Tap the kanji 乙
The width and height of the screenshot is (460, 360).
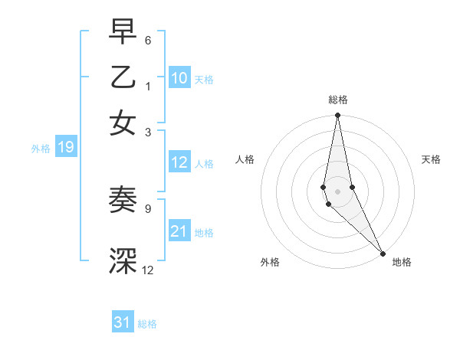(123, 78)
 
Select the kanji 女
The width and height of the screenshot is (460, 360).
(123, 124)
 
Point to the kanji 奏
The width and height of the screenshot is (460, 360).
(123, 201)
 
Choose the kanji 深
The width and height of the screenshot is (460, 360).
(123, 261)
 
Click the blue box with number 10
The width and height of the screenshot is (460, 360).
(179, 78)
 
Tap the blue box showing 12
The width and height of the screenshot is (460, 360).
(179, 162)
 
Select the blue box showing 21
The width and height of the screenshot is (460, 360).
(179, 231)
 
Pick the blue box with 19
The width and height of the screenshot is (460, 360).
(65, 147)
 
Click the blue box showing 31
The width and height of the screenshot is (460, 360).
(123, 322)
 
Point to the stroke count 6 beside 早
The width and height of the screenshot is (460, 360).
(148, 40)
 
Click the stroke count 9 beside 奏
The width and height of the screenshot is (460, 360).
(148, 208)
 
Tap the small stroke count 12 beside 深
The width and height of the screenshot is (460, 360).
(148, 270)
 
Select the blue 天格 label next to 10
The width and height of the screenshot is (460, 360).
(204, 79)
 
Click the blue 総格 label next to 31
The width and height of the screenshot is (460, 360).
(147, 324)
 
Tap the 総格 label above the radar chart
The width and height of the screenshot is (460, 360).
(338, 100)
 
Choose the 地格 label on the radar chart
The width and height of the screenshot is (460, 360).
(402, 262)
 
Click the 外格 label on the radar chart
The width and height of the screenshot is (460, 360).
(270, 262)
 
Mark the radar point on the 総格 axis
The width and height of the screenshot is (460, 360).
(337, 116)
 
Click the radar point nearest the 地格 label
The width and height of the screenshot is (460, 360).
(383, 254)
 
